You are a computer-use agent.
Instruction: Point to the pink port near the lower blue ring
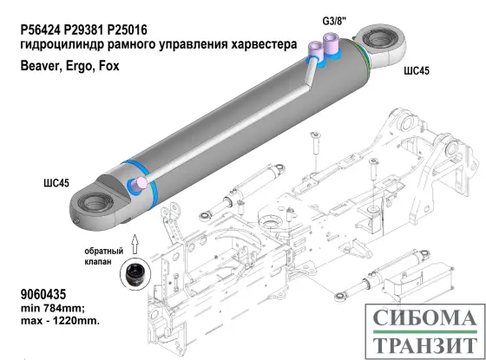coord(136,185)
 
